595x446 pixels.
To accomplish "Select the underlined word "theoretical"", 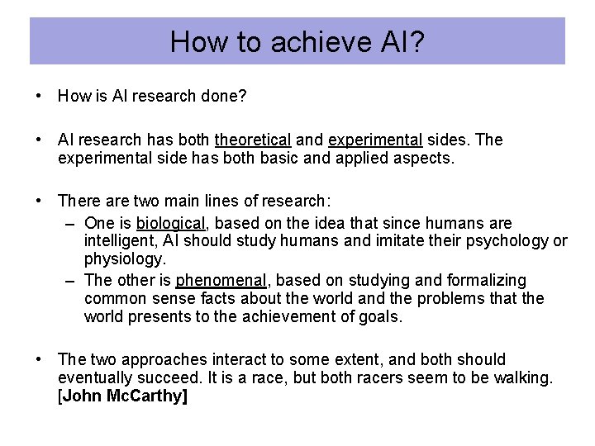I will click(x=252, y=140).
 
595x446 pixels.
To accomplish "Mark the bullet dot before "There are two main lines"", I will click(x=40, y=202).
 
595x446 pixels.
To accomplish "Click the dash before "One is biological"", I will click(x=70, y=224).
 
